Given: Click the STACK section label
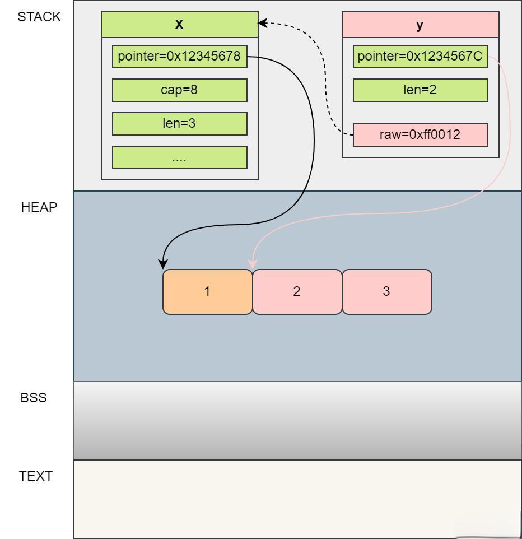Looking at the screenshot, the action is click(x=39, y=17).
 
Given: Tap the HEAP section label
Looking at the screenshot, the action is click(x=39, y=207).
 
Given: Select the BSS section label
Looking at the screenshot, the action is click(x=34, y=398).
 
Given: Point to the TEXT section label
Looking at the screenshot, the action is click(x=35, y=476).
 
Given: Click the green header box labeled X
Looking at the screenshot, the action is click(x=180, y=25).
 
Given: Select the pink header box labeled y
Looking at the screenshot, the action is click(x=421, y=25).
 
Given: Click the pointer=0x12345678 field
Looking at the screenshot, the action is click(x=180, y=57).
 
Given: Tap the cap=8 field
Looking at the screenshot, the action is click(x=180, y=90).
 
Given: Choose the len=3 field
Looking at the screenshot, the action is click(x=180, y=124).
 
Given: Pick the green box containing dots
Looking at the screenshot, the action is click(x=180, y=157).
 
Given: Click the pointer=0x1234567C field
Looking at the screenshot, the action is click(x=421, y=57).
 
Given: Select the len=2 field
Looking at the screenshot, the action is click(x=421, y=90).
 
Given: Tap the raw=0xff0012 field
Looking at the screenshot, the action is click(x=421, y=134).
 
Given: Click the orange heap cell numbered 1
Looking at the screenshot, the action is click(x=208, y=292).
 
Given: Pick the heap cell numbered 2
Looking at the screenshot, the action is click(x=297, y=292).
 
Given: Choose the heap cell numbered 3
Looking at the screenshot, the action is click(x=387, y=292).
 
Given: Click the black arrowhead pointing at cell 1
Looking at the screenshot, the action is click(x=163, y=264).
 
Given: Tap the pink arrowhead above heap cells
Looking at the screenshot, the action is click(x=253, y=264).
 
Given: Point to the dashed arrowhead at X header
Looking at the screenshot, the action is click(x=262, y=23).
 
